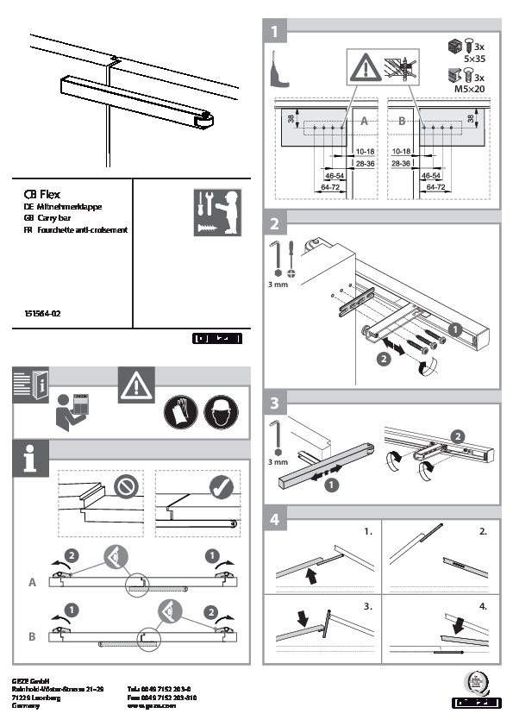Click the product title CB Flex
42,195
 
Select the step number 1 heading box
274,33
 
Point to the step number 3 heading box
274,403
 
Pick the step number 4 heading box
274,520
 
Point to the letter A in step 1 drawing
365,123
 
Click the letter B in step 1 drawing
401,123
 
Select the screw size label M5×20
475,87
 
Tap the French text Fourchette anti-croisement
82,230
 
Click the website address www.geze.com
151,704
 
